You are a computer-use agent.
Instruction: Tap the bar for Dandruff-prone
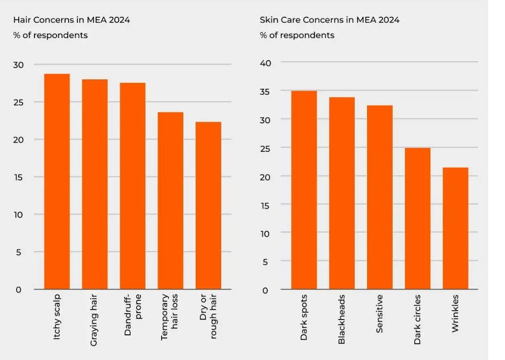tap(133, 186)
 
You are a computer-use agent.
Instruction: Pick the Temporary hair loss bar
tap(170, 201)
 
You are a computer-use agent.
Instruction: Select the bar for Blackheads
tap(342, 193)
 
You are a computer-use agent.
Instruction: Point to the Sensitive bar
tap(380, 197)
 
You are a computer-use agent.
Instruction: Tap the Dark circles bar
tap(418, 218)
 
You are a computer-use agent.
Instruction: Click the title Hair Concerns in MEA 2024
tap(71, 20)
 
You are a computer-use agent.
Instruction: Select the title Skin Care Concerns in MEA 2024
tap(330, 20)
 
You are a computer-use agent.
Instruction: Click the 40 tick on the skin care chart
tap(266, 62)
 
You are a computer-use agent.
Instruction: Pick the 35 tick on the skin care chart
tap(266, 91)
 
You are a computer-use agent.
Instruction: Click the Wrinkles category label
tap(455, 314)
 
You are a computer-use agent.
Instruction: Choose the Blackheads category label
tap(342, 319)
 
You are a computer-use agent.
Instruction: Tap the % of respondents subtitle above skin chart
tap(297, 36)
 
